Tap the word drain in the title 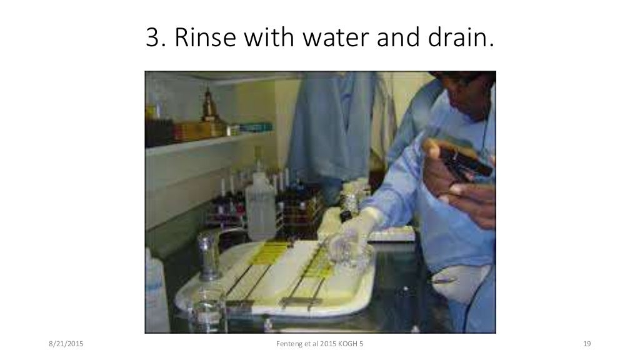(460, 39)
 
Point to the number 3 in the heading (152, 39)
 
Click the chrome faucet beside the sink (209, 253)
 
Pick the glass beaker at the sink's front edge (206, 312)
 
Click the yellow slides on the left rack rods (262, 250)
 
